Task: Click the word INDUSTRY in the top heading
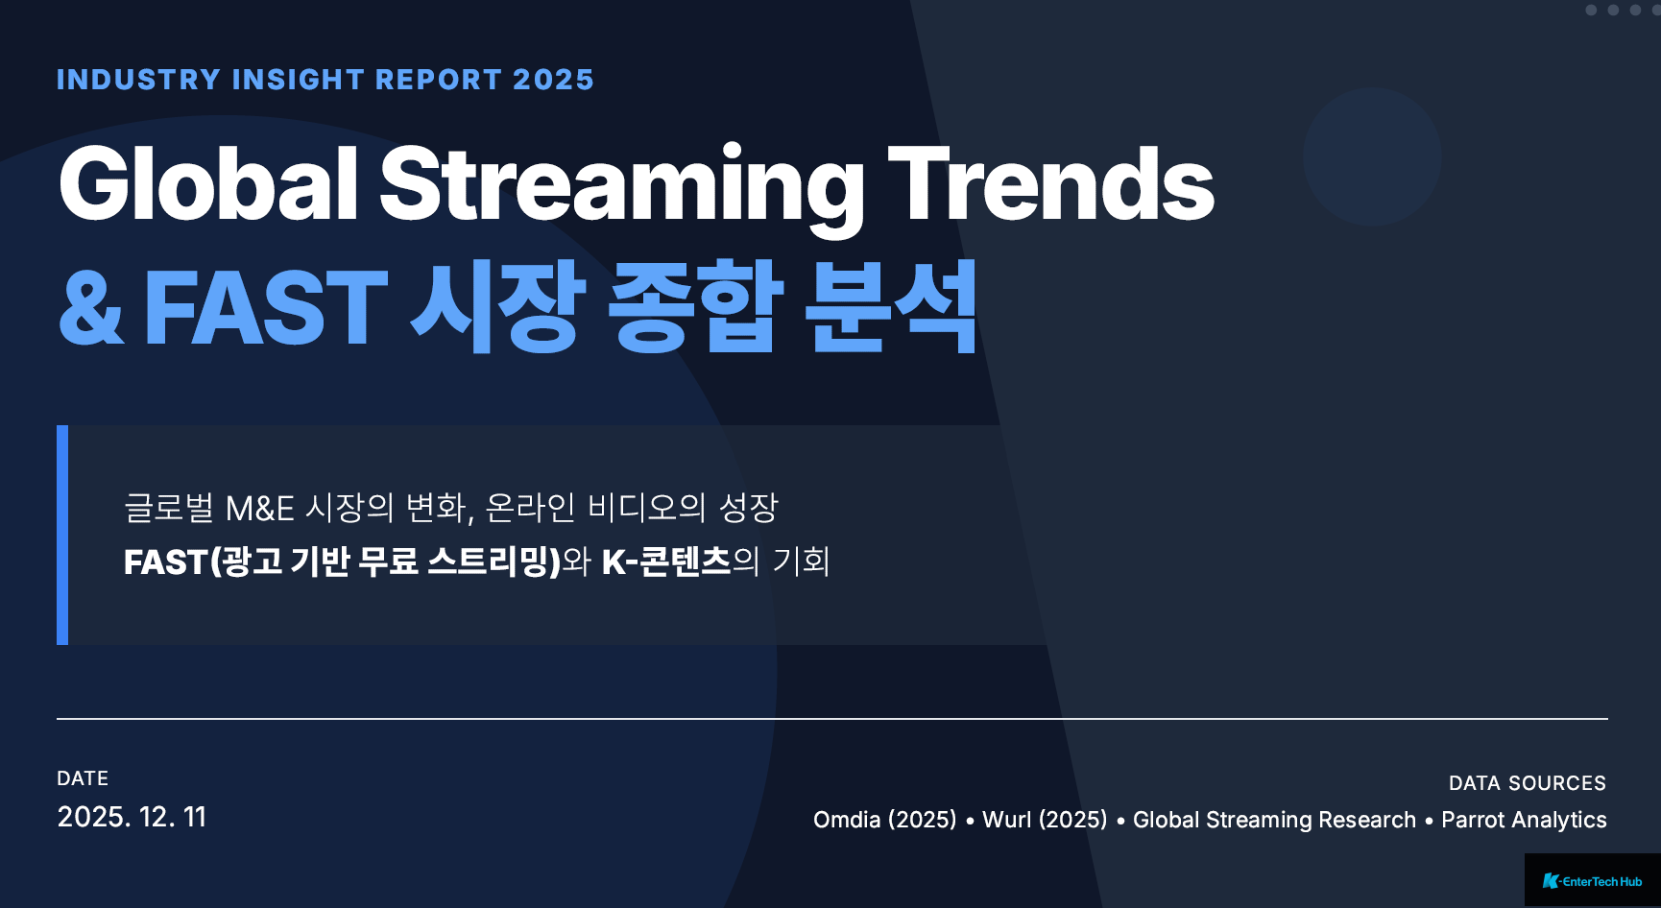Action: click(139, 80)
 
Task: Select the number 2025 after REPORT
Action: click(554, 80)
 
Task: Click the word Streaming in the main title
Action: click(622, 188)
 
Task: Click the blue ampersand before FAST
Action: click(92, 307)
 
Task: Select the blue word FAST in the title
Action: click(266, 307)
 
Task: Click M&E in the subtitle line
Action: click(259, 509)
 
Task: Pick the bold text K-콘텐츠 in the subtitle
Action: click(666, 562)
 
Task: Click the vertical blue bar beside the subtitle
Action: click(62, 535)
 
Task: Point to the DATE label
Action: click(83, 778)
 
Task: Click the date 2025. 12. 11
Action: click(132, 817)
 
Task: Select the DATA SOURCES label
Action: click(1528, 783)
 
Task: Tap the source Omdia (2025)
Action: click(885, 820)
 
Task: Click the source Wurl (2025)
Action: click(1045, 820)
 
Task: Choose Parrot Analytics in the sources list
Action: click(1524, 820)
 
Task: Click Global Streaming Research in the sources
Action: click(1274, 820)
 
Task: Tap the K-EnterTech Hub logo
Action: click(1592, 881)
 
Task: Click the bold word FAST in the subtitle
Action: click(165, 562)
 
